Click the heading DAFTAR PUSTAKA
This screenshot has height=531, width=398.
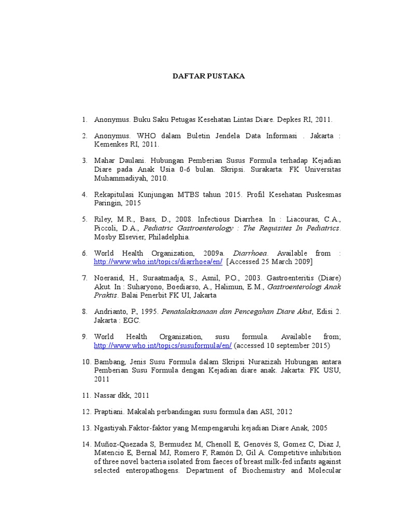click(x=209, y=76)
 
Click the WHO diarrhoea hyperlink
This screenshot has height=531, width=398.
click(x=158, y=262)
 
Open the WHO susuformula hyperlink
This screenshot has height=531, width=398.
click(x=163, y=345)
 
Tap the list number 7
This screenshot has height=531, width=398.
click(x=84, y=277)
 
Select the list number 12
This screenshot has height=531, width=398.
click(x=86, y=412)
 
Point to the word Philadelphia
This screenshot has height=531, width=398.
click(x=169, y=237)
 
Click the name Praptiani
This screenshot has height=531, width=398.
click(x=110, y=412)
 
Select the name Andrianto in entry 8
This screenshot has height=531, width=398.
click(x=111, y=312)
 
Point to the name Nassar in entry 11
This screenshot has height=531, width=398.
click(x=105, y=395)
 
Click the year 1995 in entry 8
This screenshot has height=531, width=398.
click(x=148, y=312)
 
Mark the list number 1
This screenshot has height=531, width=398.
click(x=84, y=119)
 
